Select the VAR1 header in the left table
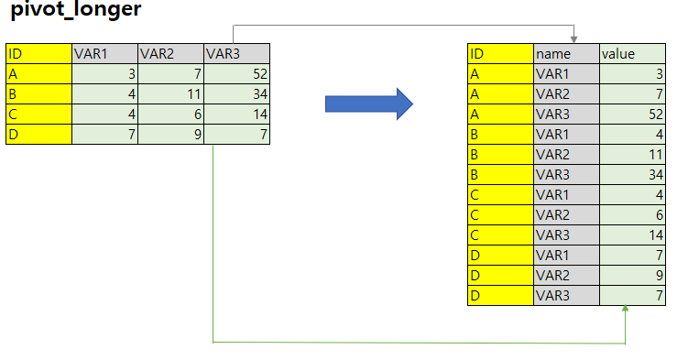(x=104, y=53)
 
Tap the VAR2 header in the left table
(x=170, y=53)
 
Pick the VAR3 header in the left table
(x=236, y=53)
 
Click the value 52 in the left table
(x=236, y=73)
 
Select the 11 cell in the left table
(x=170, y=93)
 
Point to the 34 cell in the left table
(x=236, y=93)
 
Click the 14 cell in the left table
(x=236, y=114)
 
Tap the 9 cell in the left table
(x=170, y=134)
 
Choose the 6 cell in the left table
(x=170, y=114)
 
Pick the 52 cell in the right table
(x=631, y=114)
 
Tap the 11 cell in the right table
(x=631, y=154)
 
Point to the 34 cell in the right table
(x=631, y=174)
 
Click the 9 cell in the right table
(x=631, y=275)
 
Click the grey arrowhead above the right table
(x=573, y=38)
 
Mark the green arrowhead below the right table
(x=627, y=311)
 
